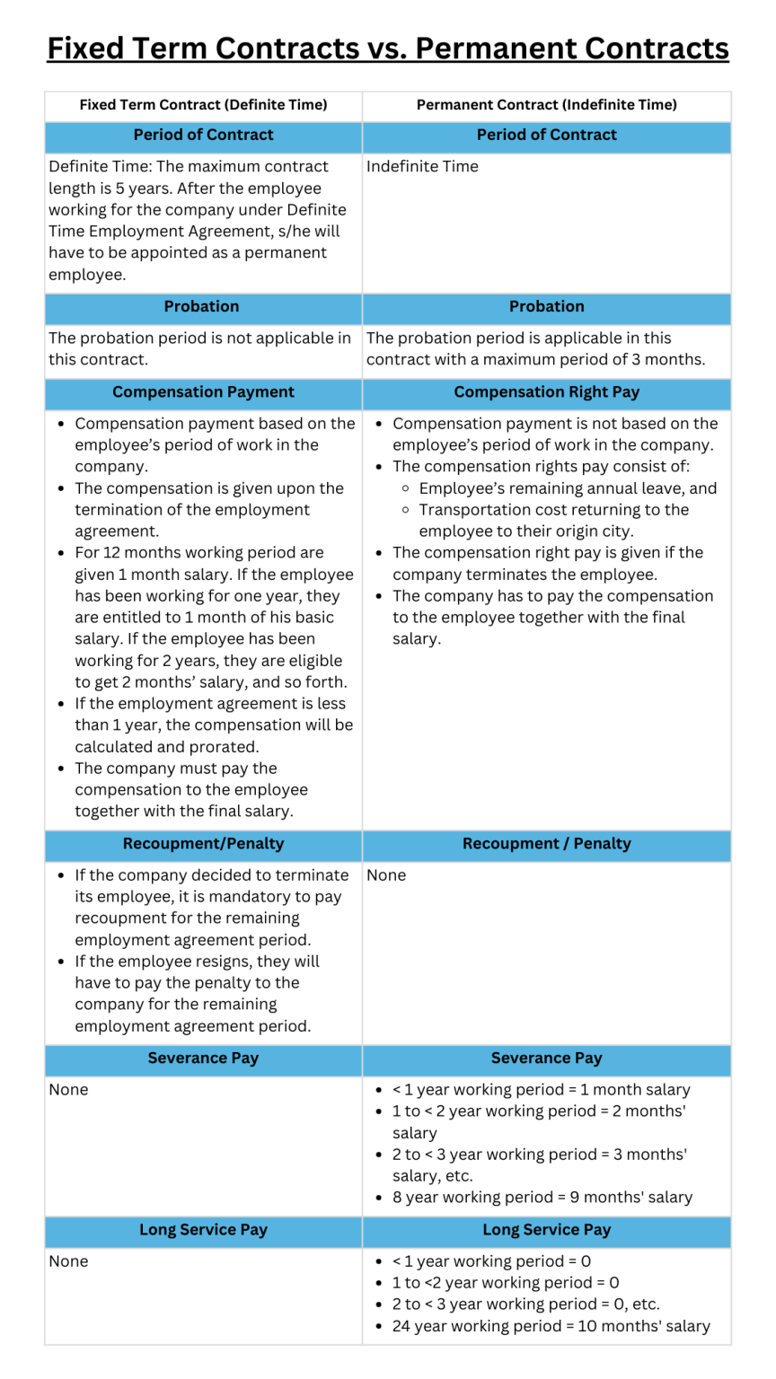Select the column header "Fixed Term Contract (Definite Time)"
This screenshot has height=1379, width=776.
203,105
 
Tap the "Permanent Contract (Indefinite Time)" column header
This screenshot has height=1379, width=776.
546,105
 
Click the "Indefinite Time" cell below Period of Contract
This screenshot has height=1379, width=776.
422,166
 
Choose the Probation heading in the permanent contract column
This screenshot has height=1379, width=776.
546,306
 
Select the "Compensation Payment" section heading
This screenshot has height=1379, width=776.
203,392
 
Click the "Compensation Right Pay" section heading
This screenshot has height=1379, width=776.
546,392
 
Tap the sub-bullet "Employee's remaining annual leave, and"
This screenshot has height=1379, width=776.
568,488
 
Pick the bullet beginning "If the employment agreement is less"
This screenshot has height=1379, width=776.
214,725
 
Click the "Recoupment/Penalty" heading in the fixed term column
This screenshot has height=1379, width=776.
203,844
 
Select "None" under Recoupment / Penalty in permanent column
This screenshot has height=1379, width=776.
386,875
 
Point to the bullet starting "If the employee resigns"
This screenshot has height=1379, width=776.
198,994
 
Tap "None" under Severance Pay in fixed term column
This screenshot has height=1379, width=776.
68,1090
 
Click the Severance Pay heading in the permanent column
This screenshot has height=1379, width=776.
546,1058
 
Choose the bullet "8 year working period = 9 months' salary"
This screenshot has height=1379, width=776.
542,1198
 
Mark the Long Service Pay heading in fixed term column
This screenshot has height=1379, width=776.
203,1230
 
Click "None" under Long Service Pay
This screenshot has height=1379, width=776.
68,1261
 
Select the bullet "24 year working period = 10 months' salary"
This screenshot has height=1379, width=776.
551,1326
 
